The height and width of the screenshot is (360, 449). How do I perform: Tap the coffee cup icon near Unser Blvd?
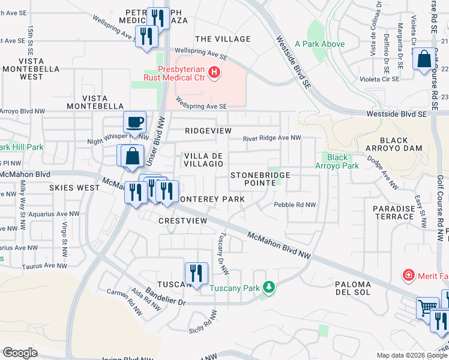134,122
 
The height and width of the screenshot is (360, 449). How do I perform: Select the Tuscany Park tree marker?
270,288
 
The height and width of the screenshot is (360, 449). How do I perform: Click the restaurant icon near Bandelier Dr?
196,273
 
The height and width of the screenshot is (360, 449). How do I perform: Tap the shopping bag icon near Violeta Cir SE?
424,59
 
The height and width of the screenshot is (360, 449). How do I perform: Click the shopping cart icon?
427,308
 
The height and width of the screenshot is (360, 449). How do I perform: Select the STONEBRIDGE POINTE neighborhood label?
261,179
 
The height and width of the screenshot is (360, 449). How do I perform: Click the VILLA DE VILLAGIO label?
203,160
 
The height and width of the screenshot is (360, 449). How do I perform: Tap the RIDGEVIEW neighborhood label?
208,130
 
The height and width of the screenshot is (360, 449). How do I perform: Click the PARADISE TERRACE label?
394,213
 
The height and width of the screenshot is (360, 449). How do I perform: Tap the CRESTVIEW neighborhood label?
182,221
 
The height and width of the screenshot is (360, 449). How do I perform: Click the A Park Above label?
319,44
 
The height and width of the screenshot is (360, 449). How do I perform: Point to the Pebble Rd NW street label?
295,205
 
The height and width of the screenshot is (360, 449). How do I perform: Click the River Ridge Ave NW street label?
271,138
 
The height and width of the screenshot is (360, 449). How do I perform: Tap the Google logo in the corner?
20,352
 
